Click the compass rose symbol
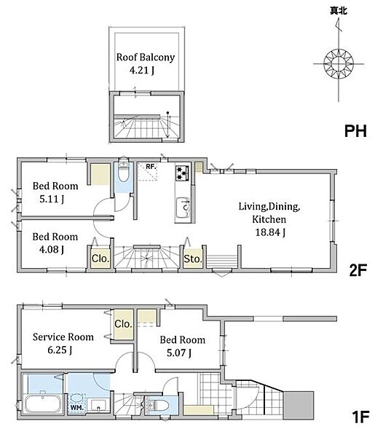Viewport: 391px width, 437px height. [339, 63]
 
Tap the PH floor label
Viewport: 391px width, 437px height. [355, 130]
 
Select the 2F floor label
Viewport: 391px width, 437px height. [358, 269]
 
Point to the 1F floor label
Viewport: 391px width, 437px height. [360, 417]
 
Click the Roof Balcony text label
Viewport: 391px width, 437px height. [146, 57]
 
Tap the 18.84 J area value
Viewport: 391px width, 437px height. [270, 232]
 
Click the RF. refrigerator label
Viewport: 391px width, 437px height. [151, 167]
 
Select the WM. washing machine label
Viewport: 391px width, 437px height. [76, 407]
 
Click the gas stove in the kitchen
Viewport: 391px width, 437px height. [182, 173]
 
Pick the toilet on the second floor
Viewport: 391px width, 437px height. [123, 172]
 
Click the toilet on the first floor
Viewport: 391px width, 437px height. [158, 406]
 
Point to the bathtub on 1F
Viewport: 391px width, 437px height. [43, 403]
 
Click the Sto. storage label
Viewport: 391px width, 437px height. [192, 259]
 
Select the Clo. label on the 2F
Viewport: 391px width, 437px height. [100, 259]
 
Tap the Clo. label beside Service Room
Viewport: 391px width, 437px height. [123, 324]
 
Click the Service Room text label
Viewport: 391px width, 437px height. [63, 337]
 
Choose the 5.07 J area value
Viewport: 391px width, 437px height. [179, 353]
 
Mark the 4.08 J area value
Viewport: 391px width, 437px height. [52, 249]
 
